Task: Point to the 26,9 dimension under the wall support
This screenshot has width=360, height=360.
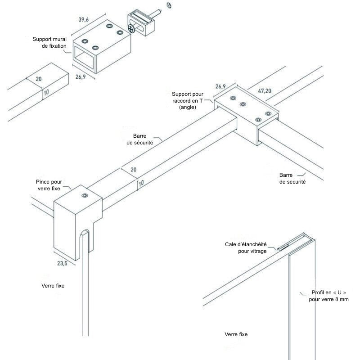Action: coord(81,77)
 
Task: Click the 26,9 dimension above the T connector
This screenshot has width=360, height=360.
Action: coord(220,85)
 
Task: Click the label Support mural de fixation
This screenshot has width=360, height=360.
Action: coord(49,43)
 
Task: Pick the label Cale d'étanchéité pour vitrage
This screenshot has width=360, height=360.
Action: coord(246,248)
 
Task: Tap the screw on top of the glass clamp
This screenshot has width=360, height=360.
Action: coord(84,195)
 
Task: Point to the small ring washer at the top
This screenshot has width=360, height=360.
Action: coord(169,5)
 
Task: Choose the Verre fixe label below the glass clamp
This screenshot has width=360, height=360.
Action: coord(53,286)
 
